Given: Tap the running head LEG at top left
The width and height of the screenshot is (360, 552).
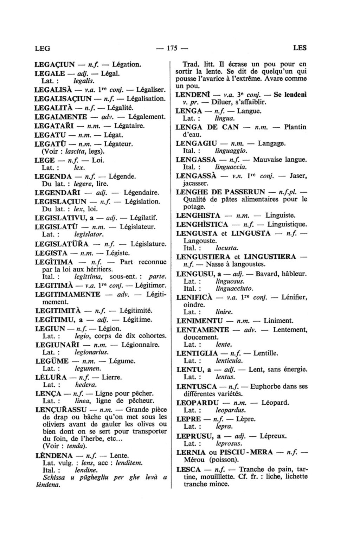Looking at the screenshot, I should [x=43, y=48].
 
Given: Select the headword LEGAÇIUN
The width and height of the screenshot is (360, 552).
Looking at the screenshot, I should [x=55, y=64].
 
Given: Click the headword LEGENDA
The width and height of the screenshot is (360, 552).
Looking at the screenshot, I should [x=53, y=176].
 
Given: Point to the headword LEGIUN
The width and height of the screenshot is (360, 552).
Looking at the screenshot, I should [x=50, y=329].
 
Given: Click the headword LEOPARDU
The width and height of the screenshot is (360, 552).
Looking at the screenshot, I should [x=197, y=403].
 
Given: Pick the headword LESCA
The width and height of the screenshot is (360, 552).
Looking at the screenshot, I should [x=188, y=469].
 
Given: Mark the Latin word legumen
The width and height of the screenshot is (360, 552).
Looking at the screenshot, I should [x=88, y=368].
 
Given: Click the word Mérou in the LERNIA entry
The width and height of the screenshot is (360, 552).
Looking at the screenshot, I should [x=193, y=460].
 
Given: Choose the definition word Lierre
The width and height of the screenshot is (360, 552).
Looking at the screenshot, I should [x=111, y=378].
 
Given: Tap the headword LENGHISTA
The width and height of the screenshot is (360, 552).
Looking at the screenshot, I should [x=198, y=216].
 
